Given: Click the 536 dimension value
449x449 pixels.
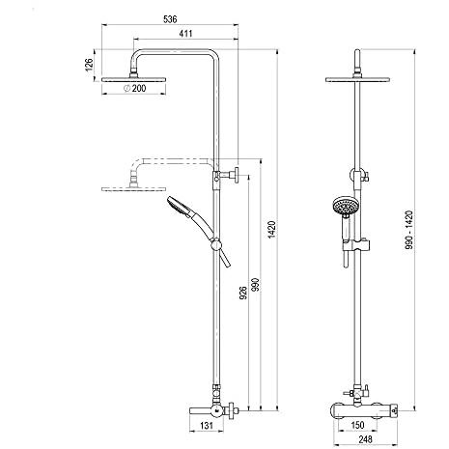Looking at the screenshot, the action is [170, 19].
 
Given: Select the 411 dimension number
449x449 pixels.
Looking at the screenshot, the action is [185, 34].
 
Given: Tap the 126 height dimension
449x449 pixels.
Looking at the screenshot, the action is [89, 64].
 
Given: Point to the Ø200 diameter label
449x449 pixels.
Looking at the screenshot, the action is [135, 88].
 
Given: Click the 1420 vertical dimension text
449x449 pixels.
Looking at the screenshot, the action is [272, 230].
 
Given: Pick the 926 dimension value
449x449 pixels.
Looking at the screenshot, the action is [243, 293].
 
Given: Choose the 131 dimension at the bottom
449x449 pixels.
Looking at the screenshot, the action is [207, 426].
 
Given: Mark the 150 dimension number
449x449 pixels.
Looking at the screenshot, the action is [357, 426].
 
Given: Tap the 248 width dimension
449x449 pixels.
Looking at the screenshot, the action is [365, 439].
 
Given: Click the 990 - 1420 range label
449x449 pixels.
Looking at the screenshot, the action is [408, 230].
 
